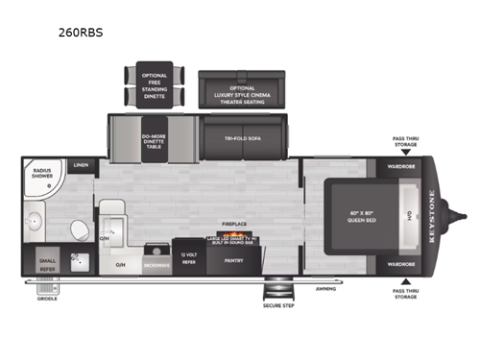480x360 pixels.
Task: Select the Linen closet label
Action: pos(83,165)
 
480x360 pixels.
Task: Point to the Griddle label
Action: pos(47,299)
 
